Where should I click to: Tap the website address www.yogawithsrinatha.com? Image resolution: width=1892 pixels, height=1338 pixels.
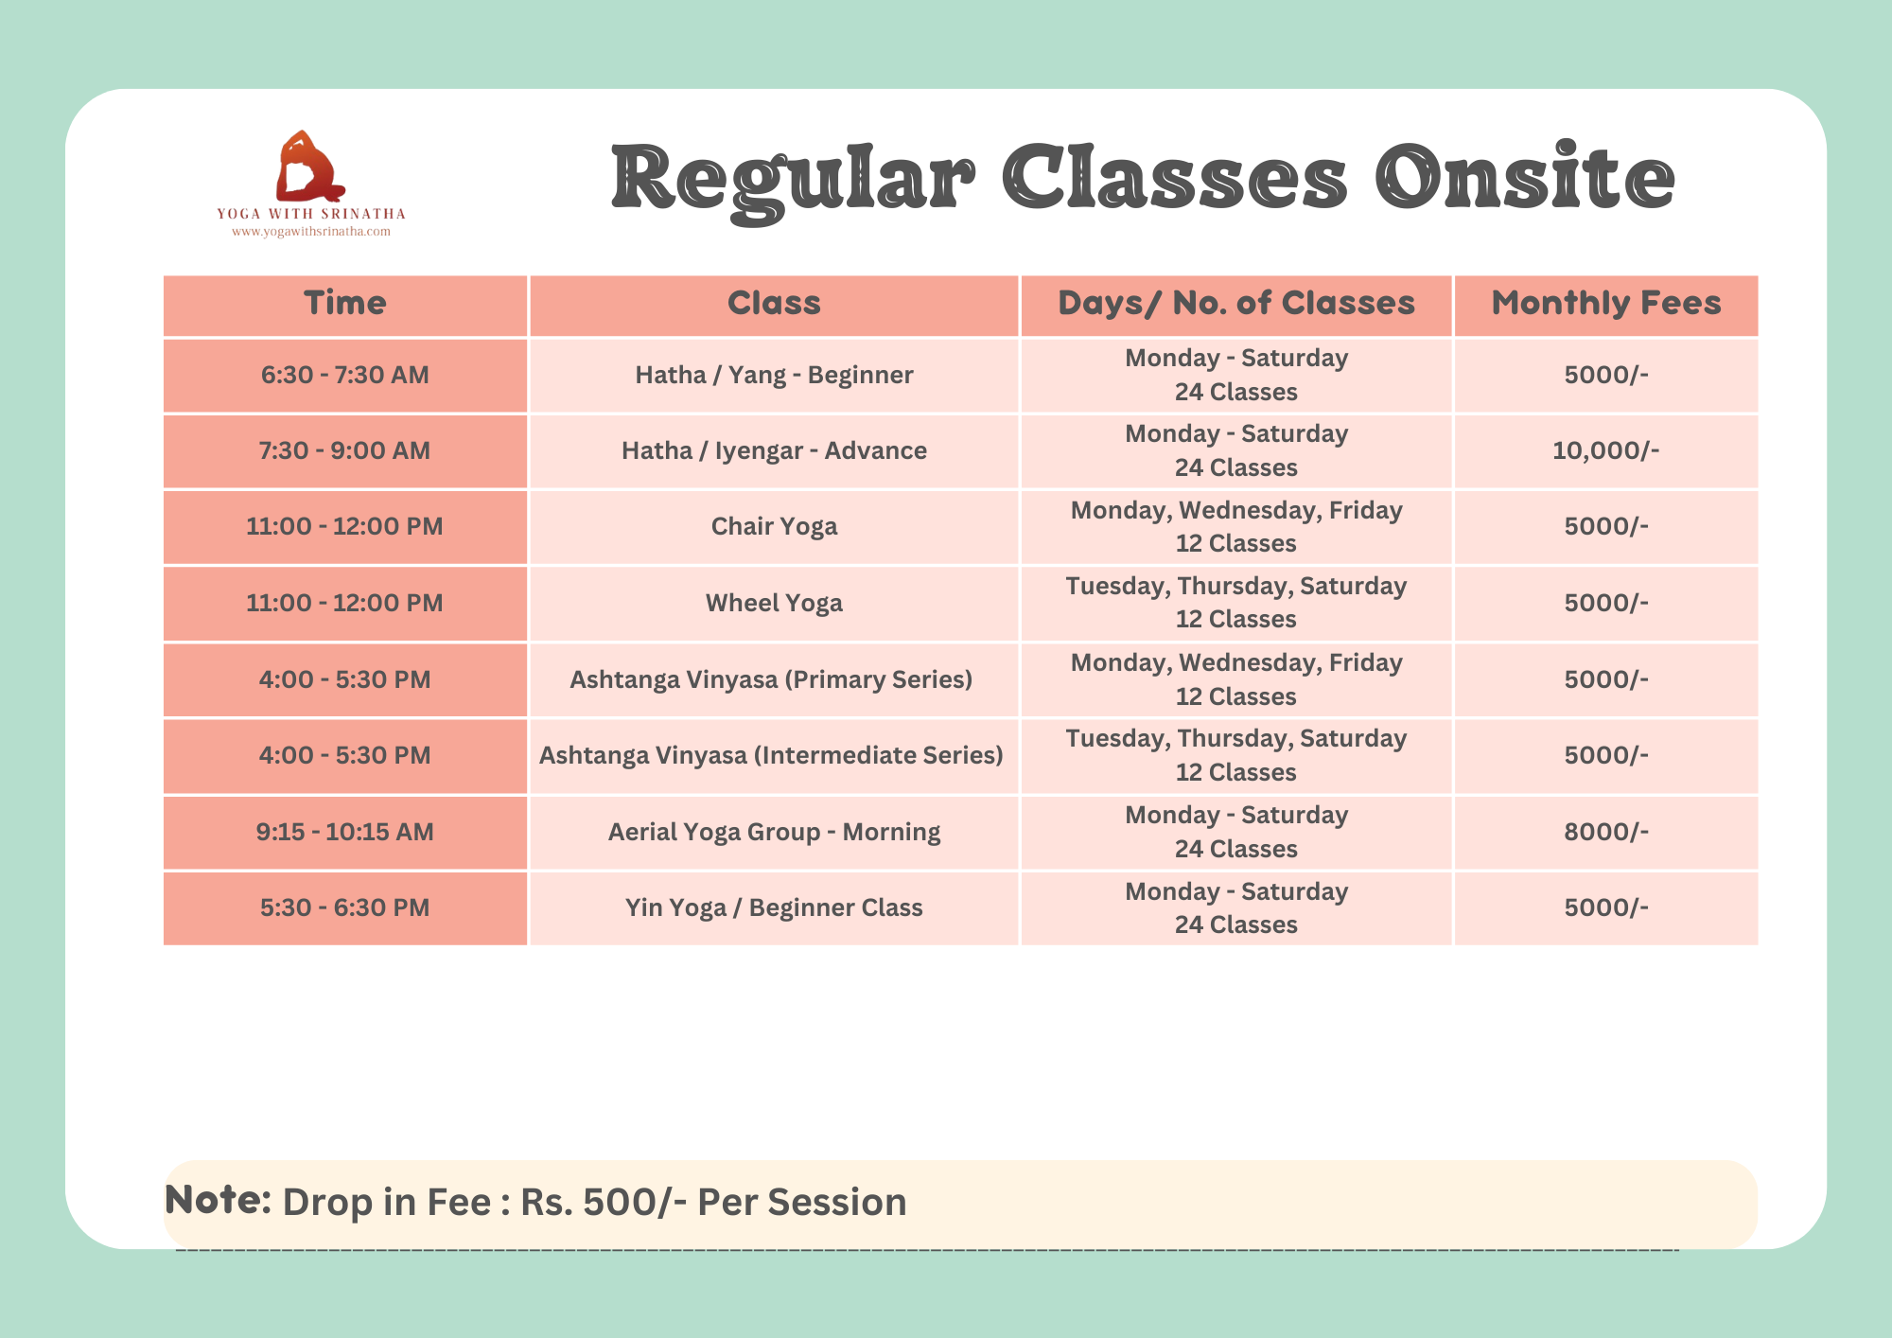tap(311, 232)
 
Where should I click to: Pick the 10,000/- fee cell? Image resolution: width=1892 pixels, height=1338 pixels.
tap(1605, 450)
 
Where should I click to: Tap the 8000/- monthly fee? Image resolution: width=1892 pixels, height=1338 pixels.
tap(1605, 832)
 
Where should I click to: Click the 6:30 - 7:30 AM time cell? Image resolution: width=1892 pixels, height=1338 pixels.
tap(345, 375)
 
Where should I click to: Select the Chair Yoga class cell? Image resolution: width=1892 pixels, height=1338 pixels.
tap(774, 526)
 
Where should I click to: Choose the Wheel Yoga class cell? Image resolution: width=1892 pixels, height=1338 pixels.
tap(774, 603)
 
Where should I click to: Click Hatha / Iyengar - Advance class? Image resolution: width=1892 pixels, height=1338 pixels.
tap(774, 450)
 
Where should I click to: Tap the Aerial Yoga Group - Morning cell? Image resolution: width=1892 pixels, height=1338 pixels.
tap(774, 832)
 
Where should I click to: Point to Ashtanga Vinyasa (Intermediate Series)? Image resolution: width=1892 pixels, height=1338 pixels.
tap(771, 755)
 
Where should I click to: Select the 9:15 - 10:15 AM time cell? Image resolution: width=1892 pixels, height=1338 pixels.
tap(345, 832)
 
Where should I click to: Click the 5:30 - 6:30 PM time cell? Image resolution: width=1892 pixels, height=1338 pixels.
tap(345, 907)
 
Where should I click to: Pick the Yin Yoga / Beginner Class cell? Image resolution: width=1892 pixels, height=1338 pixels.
tap(774, 907)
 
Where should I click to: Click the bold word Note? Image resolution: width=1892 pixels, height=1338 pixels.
tap(219, 1200)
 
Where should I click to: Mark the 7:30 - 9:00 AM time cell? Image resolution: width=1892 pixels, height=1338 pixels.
tap(345, 450)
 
